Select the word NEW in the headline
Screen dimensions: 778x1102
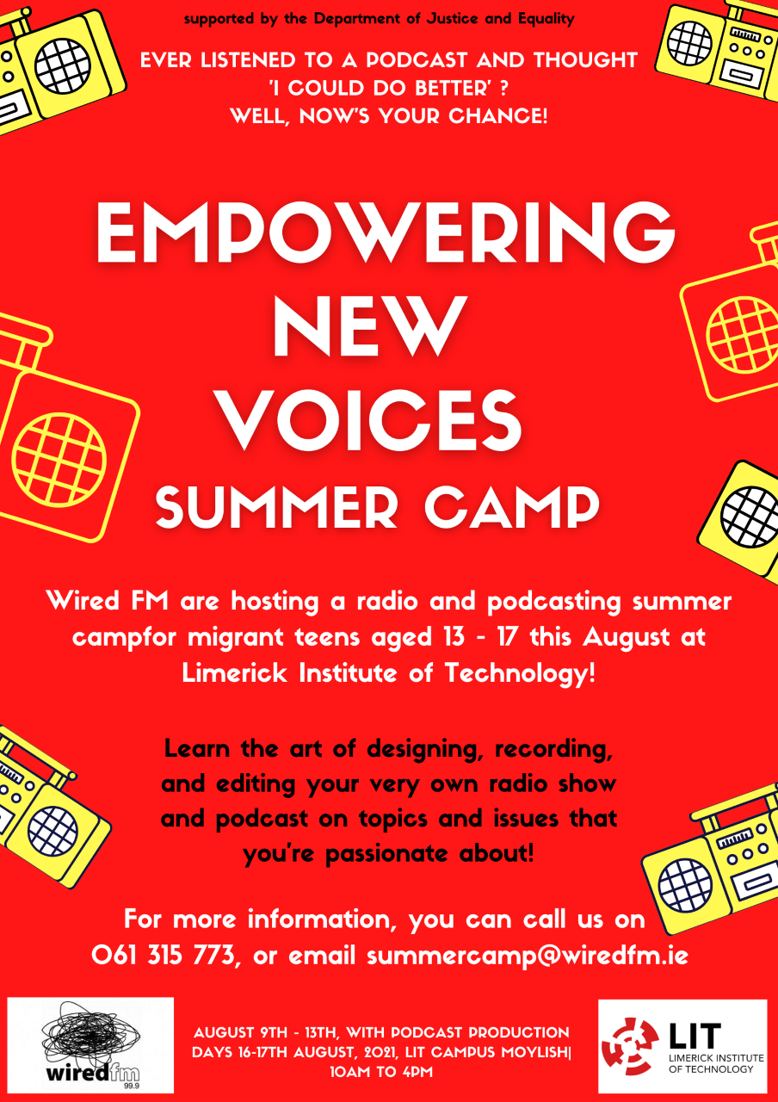tap(370, 325)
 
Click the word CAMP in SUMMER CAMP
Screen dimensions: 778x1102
tap(512, 507)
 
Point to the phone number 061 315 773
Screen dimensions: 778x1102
tap(164, 955)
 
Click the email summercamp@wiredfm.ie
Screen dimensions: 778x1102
tap(528, 956)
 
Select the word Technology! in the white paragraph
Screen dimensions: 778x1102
tap(520, 673)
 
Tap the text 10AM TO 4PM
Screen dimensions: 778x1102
tap(381, 1072)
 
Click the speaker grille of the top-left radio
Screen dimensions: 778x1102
tap(63, 66)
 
